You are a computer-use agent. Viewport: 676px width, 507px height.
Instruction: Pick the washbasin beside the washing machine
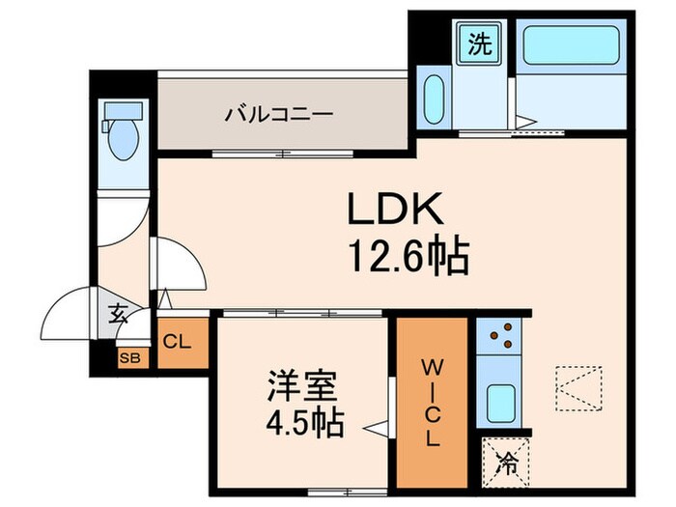[435, 97]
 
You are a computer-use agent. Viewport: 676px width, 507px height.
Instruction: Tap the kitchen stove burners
[500, 337]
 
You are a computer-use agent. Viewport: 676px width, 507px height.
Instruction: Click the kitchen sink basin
[499, 401]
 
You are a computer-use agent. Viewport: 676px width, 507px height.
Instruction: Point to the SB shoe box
[128, 357]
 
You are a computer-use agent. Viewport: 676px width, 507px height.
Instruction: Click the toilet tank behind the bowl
[108, 126]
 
